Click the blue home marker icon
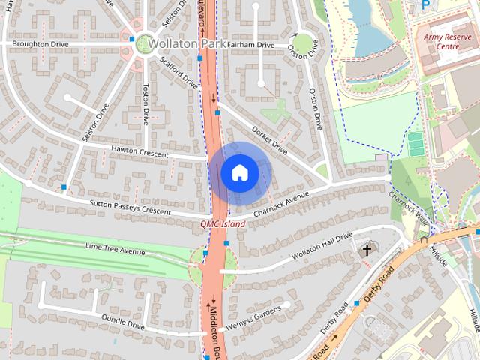point(239,173)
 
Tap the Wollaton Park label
point(187,44)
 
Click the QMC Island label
point(223,224)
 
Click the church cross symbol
point(367,250)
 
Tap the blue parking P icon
point(426,4)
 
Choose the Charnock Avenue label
point(281,204)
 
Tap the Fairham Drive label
point(250,45)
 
